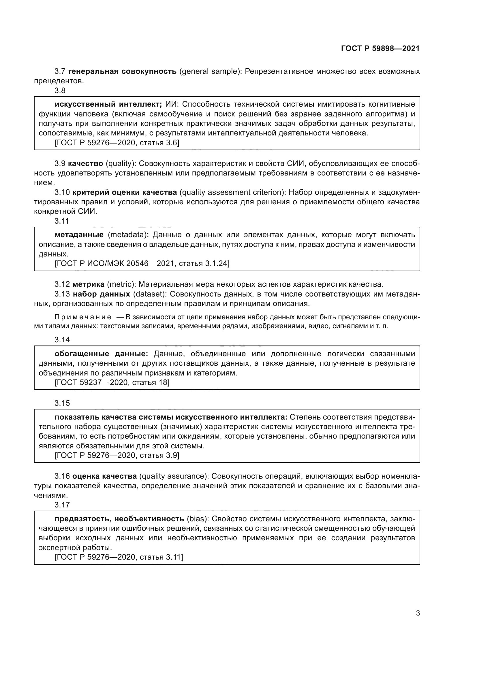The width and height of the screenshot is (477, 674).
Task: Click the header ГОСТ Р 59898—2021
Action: [380, 49]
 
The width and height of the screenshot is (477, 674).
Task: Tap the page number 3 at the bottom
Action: [418, 613]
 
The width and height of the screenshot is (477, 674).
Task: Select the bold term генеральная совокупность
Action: [122, 71]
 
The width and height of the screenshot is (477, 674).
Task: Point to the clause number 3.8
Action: [60, 90]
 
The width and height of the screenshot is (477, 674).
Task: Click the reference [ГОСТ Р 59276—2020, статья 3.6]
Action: [117, 143]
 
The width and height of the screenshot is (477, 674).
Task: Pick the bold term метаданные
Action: [79, 235]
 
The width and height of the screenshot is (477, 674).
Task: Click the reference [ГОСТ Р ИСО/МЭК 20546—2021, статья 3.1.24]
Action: [142, 263]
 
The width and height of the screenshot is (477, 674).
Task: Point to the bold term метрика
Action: [89, 284]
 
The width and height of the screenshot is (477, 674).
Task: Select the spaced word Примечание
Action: [83, 317]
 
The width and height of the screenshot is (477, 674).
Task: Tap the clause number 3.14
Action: [62, 340]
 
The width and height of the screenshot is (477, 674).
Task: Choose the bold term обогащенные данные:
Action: [101, 354]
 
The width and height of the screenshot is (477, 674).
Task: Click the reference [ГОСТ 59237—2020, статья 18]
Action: [112, 382]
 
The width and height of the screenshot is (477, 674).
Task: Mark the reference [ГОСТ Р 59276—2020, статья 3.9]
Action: [117, 455]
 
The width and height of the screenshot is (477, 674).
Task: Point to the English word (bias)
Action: [197, 519]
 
